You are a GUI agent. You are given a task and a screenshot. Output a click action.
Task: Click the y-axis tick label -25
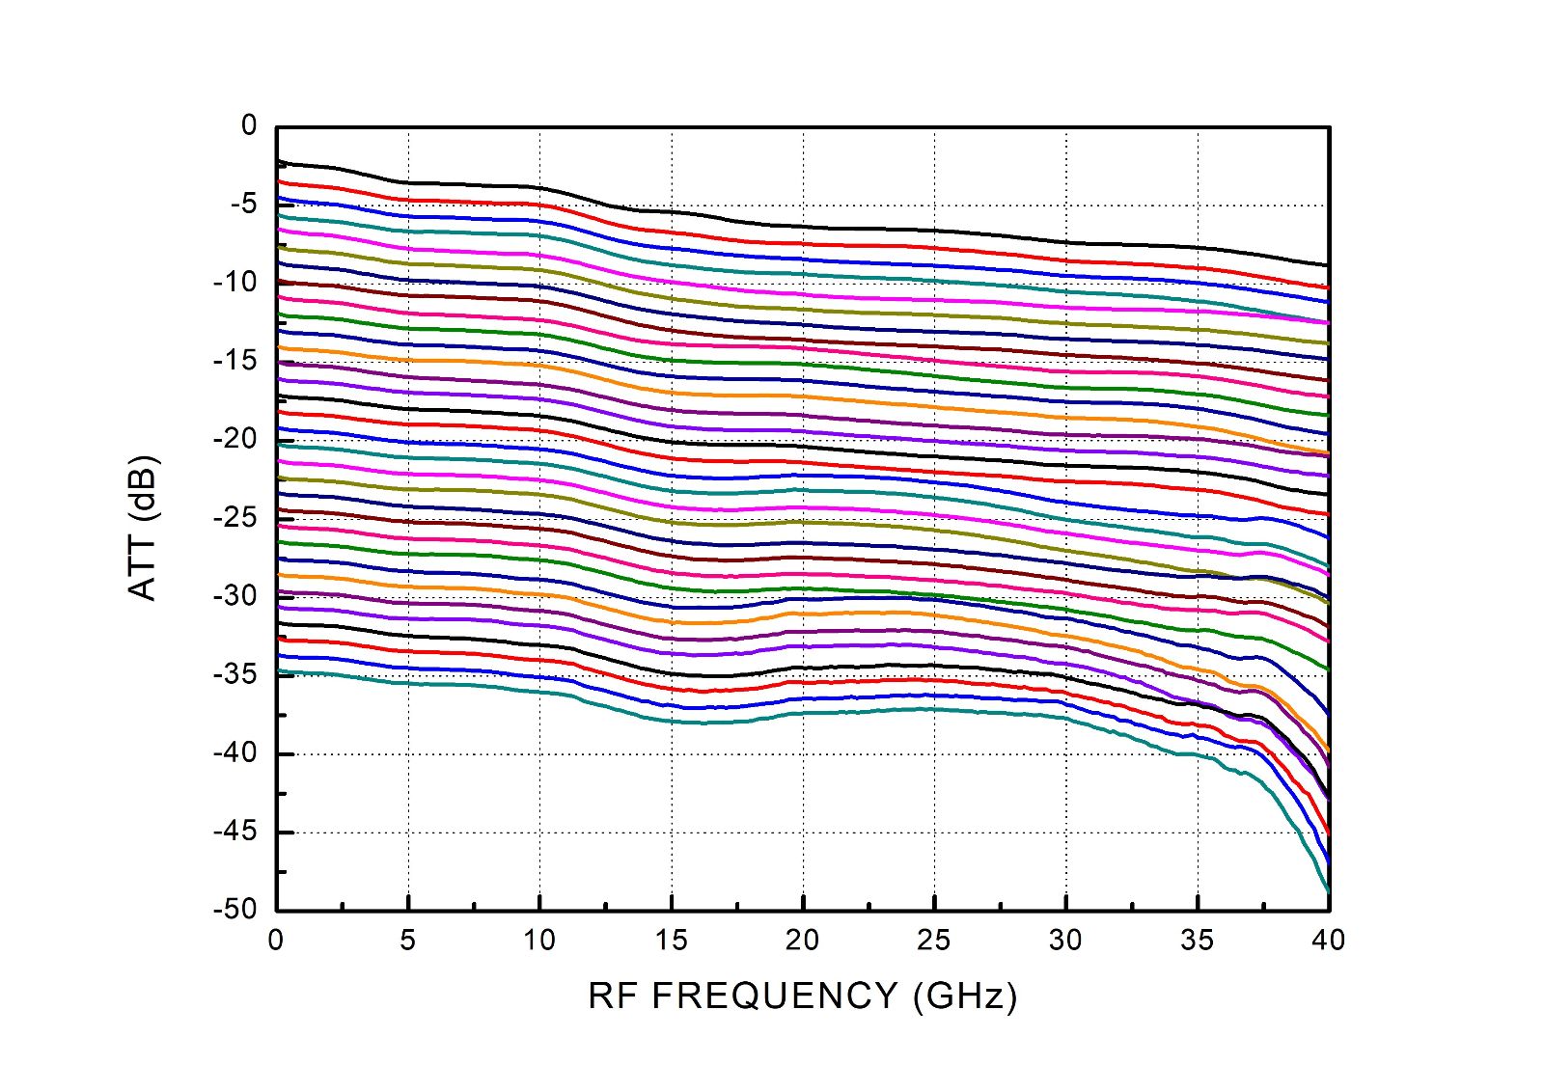[234, 518]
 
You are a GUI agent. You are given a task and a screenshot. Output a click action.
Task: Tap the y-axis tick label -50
[234, 909]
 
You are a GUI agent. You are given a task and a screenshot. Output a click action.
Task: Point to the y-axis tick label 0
[250, 125]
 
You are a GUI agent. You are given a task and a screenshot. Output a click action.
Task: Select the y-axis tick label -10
[234, 283]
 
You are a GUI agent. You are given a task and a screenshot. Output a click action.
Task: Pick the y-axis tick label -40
[234, 752]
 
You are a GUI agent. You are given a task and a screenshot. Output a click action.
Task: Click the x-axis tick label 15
[671, 941]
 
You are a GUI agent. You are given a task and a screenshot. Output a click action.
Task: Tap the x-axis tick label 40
[1329, 941]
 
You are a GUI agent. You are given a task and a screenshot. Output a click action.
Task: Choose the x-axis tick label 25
[934, 941]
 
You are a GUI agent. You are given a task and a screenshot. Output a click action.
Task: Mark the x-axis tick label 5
[408, 941]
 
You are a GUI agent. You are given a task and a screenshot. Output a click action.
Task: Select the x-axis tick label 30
[1065, 941]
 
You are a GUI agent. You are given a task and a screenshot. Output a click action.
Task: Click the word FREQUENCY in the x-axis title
[775, 996]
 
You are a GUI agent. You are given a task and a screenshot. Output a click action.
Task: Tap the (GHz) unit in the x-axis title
[964, 996]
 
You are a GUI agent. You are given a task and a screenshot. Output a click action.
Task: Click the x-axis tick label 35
[1198, 941]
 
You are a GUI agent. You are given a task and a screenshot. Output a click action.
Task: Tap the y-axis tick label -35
[234, 674]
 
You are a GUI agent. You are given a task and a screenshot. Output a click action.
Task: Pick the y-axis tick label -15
[234, 361]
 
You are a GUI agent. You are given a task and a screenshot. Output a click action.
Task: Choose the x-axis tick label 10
[539, 941]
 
